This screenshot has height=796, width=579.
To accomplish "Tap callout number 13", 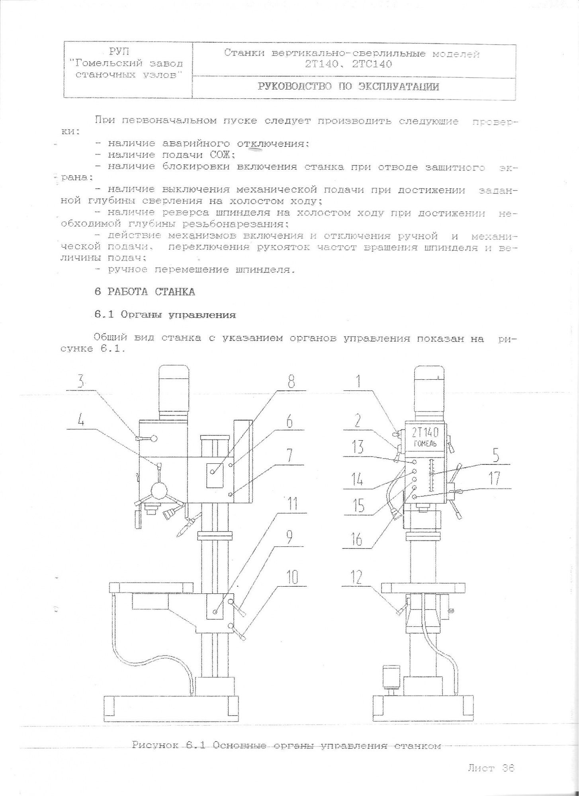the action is tap(358, 448).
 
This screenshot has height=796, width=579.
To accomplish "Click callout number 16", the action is tap(357, 539).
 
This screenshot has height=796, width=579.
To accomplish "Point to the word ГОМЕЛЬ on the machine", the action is tap(425, 444).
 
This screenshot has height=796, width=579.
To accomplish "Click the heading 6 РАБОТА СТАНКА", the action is tap(145, 292).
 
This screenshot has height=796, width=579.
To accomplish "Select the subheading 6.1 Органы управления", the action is tap(165, 315).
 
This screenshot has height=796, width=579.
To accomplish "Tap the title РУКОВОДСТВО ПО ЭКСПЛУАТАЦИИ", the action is tap(348, 87).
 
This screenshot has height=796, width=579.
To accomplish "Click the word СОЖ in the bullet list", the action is tap(222, 155).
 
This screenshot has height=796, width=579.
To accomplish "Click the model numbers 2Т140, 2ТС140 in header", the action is tap(349, 64).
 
